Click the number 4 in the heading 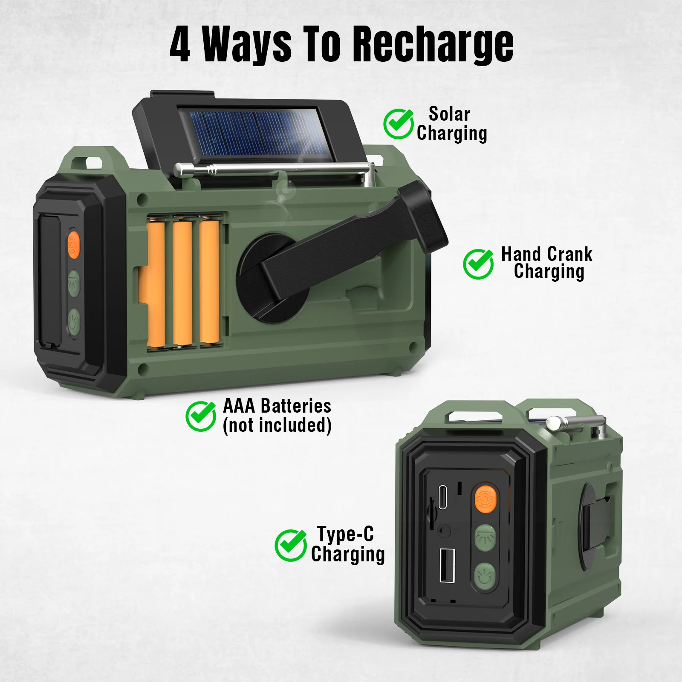click(180, 44)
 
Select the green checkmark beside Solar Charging click(398, 124)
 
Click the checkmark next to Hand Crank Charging click(478, 264)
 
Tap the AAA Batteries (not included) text click(277, 416)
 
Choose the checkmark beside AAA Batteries click(201, 416)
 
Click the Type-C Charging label click(347, 545)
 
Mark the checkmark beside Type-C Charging click(290, 545)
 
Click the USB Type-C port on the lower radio click(444, 496)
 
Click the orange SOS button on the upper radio click(73, 245)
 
